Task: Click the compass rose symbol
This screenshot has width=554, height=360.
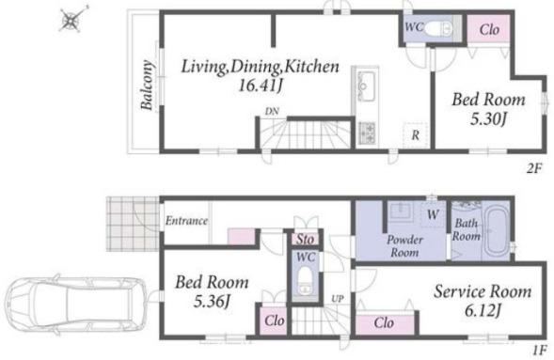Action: [x=72, y=20]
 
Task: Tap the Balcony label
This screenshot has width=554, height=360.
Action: [x=147, y=85]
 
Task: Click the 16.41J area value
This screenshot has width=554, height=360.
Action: [x=261, y=86]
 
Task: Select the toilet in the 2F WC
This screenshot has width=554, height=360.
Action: [x=437, y=28]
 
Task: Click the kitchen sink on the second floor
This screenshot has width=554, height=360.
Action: [x=365, y=86]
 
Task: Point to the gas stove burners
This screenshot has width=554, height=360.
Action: [x=367, y=133]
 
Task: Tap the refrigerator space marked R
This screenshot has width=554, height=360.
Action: [x=416, y=134]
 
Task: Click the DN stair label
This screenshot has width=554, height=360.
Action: [x=272, y=112]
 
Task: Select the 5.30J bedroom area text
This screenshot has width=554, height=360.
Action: [x=488, y=119]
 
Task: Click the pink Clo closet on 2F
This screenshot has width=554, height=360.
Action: [x=489, y=29]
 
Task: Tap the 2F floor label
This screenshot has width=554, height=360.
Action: [x=533, y=169]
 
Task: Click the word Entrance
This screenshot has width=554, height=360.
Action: [x=186, y=221]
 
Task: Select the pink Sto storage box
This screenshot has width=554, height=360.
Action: [x=305, y=239]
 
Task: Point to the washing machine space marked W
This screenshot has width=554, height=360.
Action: [x=433, y=214]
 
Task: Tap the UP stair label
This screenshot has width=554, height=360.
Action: [x=338, y=299]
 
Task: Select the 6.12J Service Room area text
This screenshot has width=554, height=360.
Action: [x=483, y=310]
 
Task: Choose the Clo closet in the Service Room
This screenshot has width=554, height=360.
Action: [x=385, y=323]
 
